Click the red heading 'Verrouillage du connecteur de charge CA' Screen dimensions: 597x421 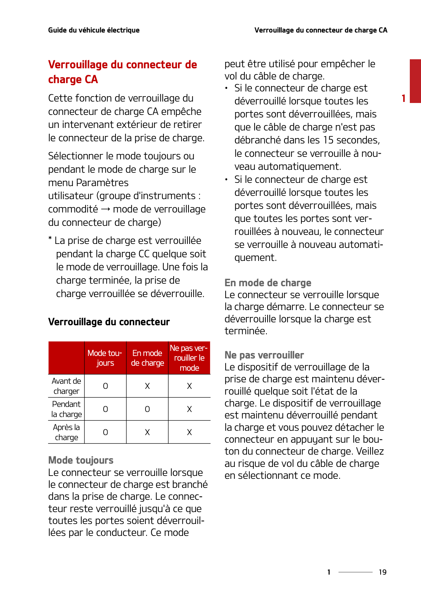pos(122,72)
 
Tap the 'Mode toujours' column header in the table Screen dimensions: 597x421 pos(105,358)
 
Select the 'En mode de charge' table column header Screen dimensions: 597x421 pos(147,358)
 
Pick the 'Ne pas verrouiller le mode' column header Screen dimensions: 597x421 pos(189,358)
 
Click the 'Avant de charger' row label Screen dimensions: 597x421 pos(66,386)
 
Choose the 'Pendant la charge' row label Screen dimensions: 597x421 pos(66,409)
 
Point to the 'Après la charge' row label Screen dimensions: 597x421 pos(66,432)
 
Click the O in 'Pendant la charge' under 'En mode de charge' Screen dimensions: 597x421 pos(147,409)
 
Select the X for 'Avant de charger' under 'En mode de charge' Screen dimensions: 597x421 pos(147,386)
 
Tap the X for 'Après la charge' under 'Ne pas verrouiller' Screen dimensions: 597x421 pos(189,432)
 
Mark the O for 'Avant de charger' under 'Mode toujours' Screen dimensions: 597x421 pos(105,386)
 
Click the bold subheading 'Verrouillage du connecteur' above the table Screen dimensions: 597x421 pos(109,322)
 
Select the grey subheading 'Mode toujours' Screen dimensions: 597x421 pos(81,460)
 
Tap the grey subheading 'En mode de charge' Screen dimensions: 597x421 pos(268,283)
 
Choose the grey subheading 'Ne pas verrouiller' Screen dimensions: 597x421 pos(264,355)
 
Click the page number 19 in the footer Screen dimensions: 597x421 pos(382,572)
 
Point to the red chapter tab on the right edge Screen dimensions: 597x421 pos(415,81)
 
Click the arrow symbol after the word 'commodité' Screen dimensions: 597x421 pos(105,209)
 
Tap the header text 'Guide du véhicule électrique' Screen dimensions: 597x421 pos(94,30)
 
